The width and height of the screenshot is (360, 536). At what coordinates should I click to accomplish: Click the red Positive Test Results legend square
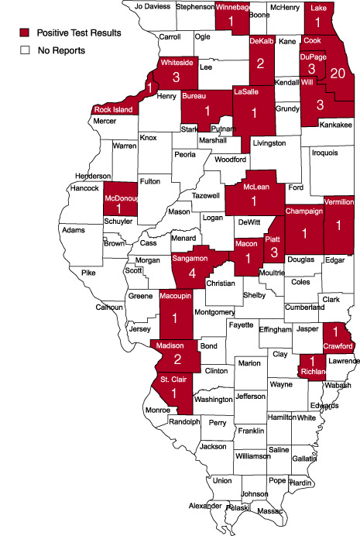tap(26, 33)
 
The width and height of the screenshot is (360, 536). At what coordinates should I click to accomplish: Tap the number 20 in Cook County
tap(337, 73)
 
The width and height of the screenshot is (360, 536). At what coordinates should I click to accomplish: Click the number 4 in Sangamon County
tap(191, 273)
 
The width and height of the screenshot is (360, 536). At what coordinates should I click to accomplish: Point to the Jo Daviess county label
tap(151, 6)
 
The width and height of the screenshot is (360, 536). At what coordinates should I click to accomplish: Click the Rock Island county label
tap(114, 110)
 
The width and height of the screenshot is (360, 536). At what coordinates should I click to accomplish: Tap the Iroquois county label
tap(324, 153)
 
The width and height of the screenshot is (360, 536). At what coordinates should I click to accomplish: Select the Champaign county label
tap(303, 211)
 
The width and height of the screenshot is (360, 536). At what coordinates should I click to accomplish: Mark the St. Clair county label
tap(173, 380)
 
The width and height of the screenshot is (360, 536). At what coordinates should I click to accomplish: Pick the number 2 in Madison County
tap(177, 359)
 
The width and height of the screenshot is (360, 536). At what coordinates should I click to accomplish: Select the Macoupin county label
tap(176, 295)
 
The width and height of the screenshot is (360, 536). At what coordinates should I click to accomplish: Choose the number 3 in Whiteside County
tap(177, 77)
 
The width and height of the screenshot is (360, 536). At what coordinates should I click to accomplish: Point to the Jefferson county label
tap(250, 397)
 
